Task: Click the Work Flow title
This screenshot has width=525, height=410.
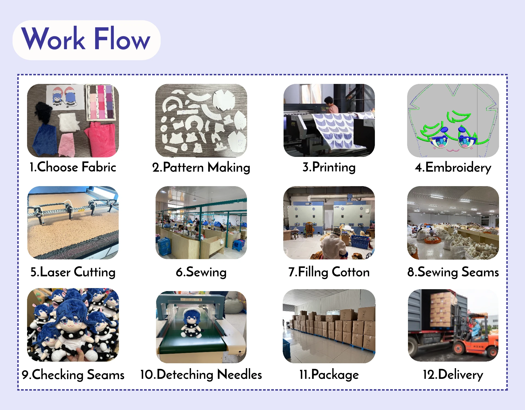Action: [x=86, y=39]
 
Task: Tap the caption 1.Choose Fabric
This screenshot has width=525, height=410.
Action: [x=73, y=167]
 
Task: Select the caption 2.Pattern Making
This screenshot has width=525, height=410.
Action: [x=201, y=167]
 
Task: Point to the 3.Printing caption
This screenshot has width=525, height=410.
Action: [x=329, y=167]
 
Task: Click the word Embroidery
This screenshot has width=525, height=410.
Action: [x=458, y=167]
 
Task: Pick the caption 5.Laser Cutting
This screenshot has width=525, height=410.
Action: [x=73, y=272]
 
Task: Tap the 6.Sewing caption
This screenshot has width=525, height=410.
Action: [x=201, y=272]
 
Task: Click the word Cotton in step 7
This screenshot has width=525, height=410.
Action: [x=351, y=272]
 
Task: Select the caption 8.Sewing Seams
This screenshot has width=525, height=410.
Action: [x=453, y=272]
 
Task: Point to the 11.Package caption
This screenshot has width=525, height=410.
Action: [x=329, y=374]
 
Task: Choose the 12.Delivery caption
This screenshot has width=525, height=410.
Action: [x=453, y=374]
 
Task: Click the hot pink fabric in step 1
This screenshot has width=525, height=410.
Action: [x=102, y=139]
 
